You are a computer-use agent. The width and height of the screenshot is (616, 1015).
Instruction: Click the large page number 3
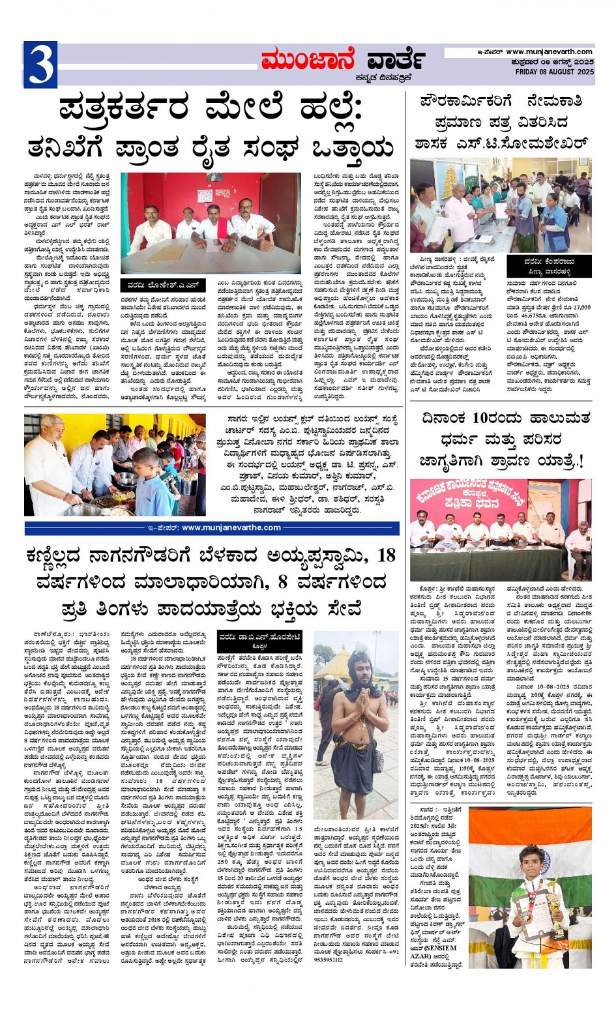coord(40,65)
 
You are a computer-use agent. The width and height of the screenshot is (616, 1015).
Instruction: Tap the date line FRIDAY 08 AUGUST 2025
coord(554,72)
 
